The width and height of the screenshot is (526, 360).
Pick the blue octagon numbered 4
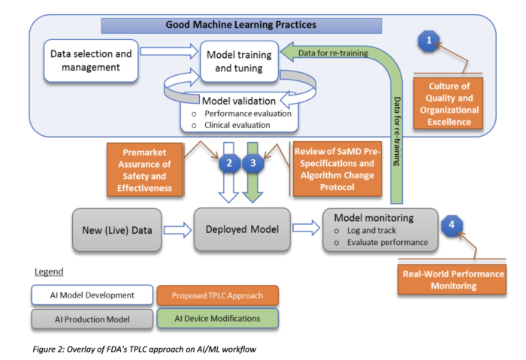(451, 223)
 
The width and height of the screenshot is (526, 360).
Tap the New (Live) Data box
(117, 228)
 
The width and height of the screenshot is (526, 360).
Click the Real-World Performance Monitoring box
(451, 280)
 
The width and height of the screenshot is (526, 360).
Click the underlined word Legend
(52, 271)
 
